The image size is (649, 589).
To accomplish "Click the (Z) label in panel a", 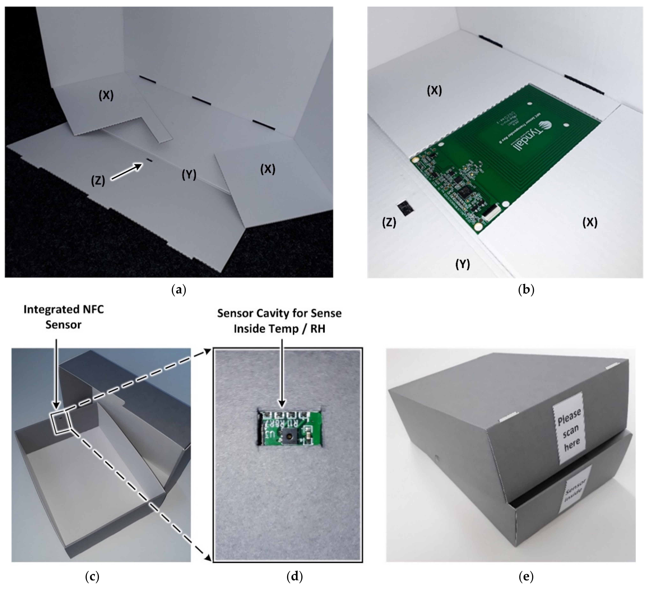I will [x=98, y=181].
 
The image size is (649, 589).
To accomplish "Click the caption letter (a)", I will [x=179, y=290].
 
